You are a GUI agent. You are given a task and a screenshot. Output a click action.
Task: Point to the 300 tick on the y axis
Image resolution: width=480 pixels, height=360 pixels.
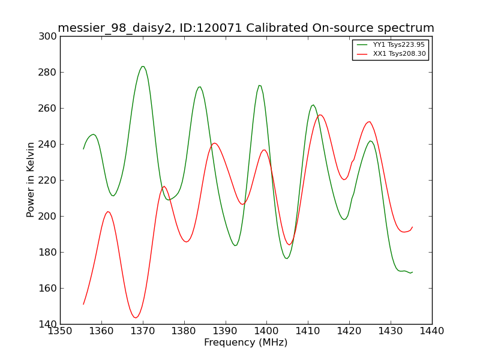47,37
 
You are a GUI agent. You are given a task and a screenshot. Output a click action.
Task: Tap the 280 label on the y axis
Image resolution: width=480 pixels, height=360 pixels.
47,72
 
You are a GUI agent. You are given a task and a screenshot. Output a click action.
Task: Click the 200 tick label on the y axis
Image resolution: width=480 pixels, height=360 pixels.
47,216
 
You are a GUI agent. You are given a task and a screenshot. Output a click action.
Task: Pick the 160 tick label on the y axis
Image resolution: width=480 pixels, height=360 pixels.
47,288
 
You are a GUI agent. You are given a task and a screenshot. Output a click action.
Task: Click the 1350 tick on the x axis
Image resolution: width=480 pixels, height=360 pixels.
61,331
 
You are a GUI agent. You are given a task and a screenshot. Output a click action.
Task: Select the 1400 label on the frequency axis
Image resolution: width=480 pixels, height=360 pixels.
266,331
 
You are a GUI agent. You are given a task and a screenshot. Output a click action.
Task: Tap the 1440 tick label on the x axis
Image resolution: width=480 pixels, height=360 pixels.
432,331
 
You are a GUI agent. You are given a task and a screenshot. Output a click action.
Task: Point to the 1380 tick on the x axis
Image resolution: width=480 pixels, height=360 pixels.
184,331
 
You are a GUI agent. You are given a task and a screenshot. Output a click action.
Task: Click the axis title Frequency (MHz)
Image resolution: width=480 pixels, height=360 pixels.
246,342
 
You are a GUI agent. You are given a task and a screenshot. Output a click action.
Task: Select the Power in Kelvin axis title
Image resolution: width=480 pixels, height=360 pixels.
31,180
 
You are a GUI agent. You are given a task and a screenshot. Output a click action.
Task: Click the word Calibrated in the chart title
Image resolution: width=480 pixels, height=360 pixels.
277,28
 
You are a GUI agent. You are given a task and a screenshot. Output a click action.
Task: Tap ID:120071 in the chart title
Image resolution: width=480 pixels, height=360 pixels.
211,28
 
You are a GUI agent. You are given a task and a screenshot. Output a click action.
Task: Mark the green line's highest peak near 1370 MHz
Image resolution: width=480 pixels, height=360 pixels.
143,66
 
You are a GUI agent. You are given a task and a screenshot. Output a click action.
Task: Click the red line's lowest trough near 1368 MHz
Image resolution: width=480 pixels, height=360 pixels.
136,318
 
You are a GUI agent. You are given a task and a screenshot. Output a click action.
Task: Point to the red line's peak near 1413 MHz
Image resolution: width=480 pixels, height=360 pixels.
320,115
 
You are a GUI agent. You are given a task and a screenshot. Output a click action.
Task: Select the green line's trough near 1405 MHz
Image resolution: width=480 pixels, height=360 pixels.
287,259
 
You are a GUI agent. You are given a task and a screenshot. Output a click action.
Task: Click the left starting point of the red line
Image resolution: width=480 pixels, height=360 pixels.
83,304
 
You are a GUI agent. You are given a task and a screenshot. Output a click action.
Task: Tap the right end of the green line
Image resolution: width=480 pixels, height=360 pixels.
412,272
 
